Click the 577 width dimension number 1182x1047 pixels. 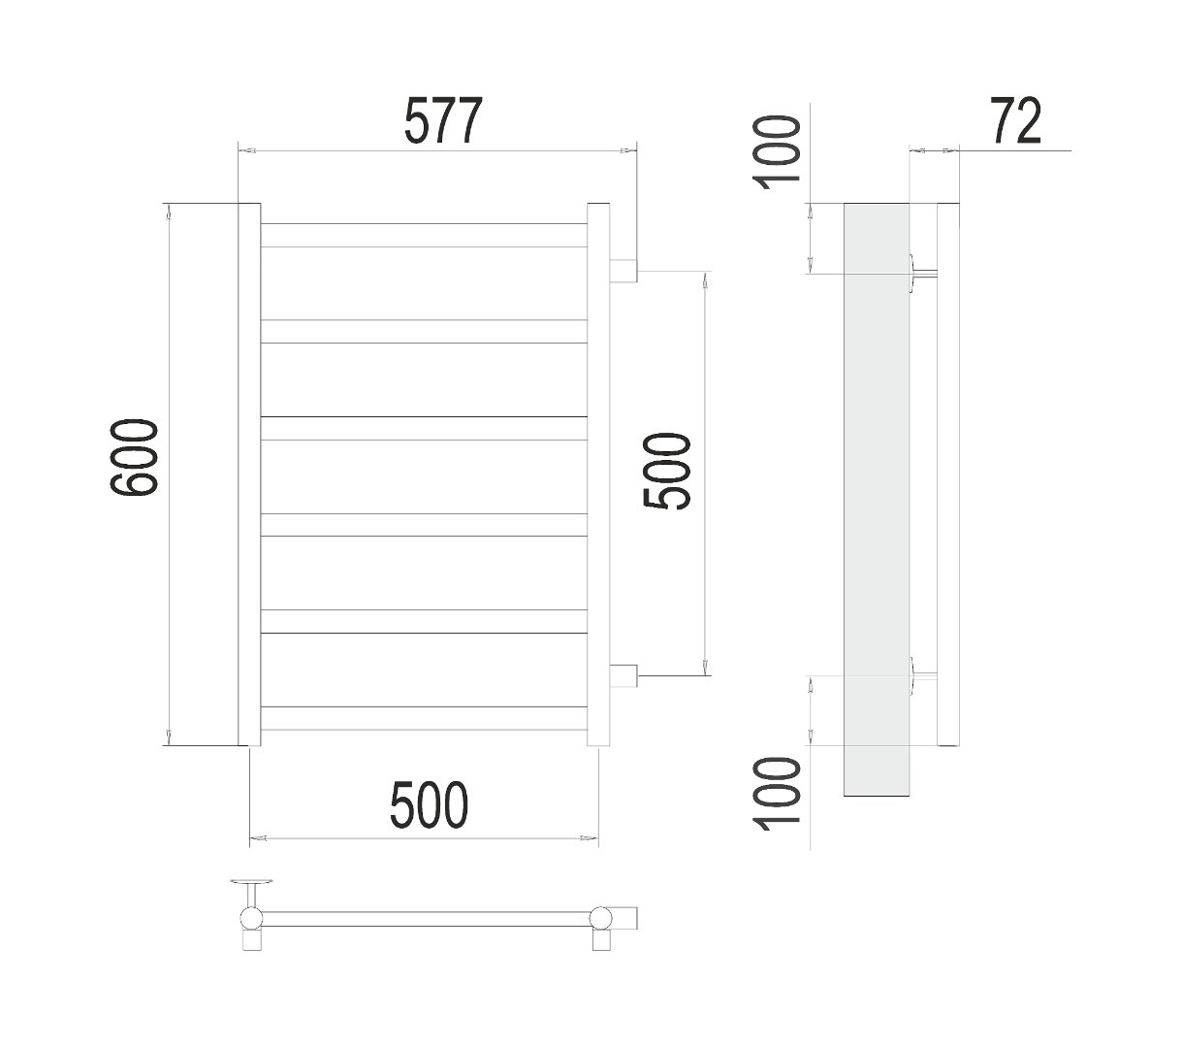click(443, 121)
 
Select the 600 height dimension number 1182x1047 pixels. click(134, 457)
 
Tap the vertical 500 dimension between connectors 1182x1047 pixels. click(667, 471)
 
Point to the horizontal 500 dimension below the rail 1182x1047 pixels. click(429, 804)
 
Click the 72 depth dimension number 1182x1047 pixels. click(1016, 121)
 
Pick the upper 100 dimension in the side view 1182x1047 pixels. click(777, 153)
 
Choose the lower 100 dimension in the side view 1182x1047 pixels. click(777, 794)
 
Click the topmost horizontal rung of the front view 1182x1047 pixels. click(424, 236)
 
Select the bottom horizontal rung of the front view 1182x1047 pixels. click(424, 718)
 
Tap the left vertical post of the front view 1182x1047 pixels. click(249, 474)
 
